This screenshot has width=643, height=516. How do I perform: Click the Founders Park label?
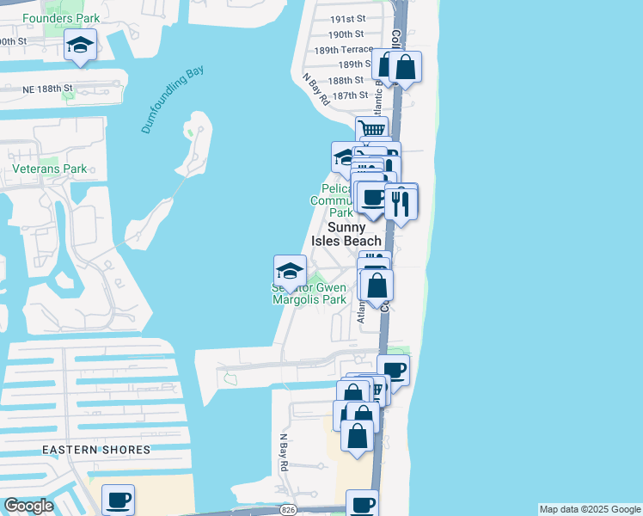61,18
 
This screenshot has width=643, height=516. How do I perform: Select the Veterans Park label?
50,169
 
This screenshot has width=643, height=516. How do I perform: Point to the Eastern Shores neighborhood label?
96,450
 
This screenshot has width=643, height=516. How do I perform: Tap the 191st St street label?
348,18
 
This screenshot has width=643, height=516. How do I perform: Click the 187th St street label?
350,95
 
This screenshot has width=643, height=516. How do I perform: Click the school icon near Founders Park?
80,46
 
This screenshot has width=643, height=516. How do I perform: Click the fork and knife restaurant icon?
401,201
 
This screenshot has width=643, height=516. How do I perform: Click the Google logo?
28,506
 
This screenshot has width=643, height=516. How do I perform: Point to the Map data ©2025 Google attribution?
590,509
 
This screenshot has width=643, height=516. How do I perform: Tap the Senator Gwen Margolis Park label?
309,293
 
